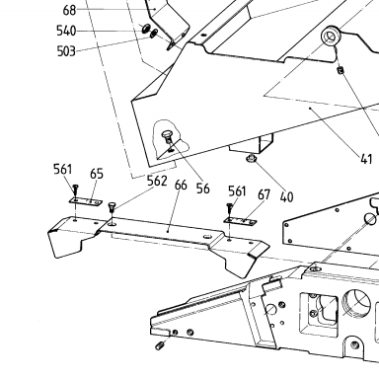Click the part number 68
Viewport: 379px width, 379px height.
point(69,10)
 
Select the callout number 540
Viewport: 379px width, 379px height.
point(66,31)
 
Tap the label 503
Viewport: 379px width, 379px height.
point(66,51)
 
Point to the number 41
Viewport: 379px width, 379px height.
point(366,159)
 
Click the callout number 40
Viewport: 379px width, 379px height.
point(286,197)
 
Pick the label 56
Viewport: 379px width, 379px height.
point(202,189)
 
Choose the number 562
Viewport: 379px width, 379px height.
point(157,181)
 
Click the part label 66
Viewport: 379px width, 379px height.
point(181,185)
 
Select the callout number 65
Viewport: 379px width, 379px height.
point(97,174)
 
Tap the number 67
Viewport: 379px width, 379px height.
point(264,194)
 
